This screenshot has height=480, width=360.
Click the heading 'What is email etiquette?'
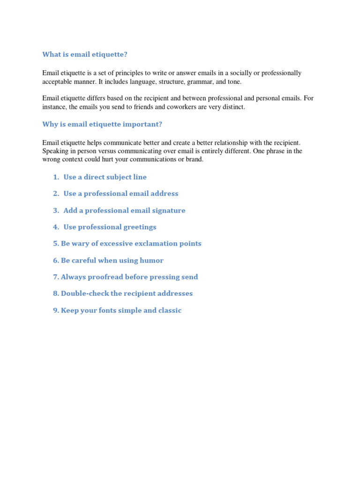85,55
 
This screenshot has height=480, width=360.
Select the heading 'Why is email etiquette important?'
102,124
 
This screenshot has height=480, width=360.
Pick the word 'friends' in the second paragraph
160,107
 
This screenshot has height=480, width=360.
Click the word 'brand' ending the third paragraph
194,159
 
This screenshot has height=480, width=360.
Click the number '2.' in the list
56,194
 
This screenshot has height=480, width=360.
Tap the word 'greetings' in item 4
140,227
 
